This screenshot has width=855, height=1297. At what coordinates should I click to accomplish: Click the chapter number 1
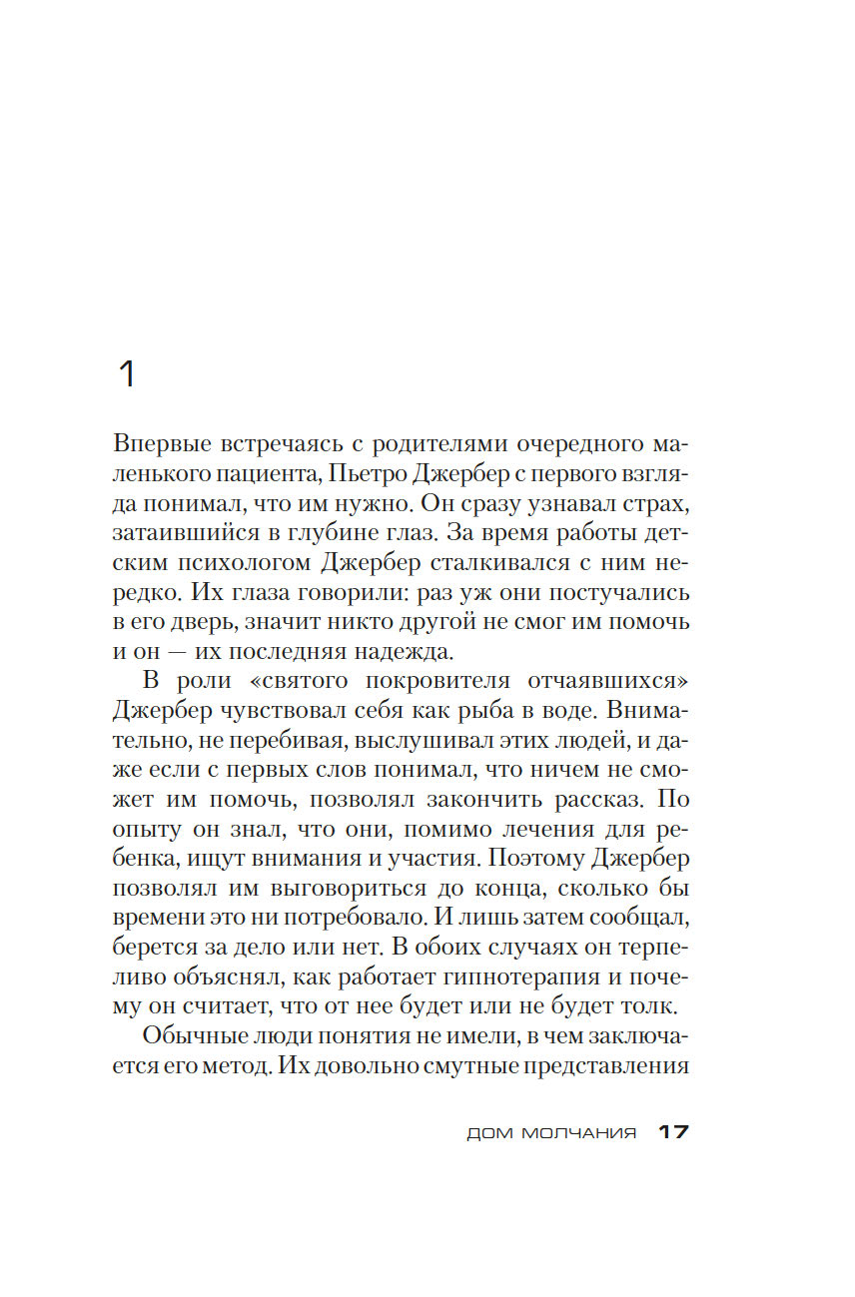(x=127, y=374)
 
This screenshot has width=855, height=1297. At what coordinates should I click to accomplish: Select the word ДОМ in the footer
(x=488, y=1134)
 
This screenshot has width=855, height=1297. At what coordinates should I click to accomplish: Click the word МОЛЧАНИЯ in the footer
(x=579, y=1134)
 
